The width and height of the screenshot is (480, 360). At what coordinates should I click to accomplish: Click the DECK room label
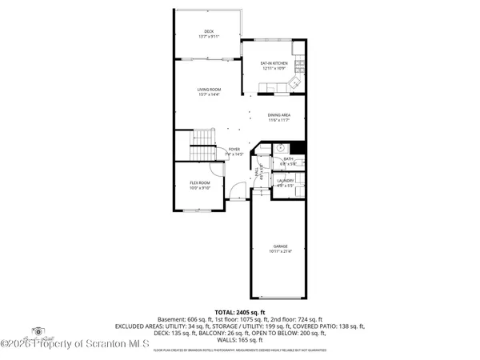click(208, 31)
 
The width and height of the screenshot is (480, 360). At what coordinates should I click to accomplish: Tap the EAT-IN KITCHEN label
click(274, 63)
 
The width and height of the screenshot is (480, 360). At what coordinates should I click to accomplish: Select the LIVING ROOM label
click(209, 90)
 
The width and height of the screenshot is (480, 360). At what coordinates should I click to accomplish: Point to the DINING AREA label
click(278, 114)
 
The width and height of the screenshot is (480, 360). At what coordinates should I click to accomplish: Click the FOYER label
click(234, 149)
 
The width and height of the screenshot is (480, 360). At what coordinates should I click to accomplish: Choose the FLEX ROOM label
click(199, 182)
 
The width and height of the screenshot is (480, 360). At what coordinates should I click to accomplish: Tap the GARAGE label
click(280, 246)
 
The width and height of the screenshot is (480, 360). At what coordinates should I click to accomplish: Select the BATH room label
click(289, 159)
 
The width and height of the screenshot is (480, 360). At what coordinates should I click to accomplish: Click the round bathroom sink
click(282, 148)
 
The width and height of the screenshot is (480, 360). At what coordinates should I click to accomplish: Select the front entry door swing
click(236, 190)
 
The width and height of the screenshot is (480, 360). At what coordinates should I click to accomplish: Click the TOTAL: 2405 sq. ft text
click(239, 311)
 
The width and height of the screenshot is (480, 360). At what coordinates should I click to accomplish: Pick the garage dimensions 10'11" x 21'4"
click(280, 251)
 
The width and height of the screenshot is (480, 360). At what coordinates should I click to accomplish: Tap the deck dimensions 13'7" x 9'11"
click(208, 37)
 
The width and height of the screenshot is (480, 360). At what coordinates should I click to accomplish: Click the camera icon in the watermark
click(36, 330)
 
